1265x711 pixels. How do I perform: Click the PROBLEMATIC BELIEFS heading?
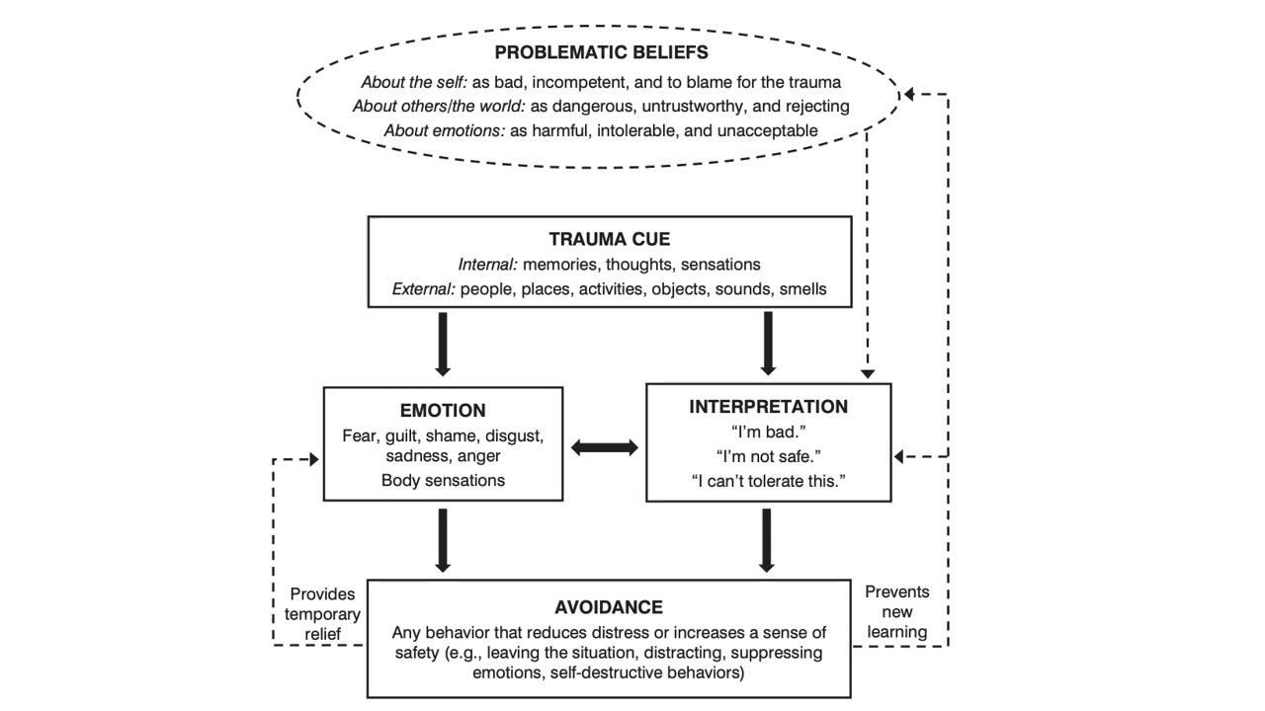[x=601, y=52]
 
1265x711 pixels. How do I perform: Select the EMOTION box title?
[x=443, y=410]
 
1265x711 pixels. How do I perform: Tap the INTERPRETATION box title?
[x=768, y=407]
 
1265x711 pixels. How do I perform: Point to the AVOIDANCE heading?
[x=609, y=606]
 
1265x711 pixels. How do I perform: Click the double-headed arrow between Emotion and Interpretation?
[x=605, y=447]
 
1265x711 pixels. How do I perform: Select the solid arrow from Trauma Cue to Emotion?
[x=443, y=344]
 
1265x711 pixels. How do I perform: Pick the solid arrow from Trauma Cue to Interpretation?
[x=768, y=344]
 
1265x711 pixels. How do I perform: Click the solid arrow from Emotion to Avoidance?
[x=443, y=540]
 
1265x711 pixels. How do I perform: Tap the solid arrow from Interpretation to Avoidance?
[x=768, y=540]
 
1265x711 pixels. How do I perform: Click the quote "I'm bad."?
[x=768, y=432]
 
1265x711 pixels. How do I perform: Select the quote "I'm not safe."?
[x=768, y=456]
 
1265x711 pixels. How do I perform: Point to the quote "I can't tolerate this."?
[x=768, y=481]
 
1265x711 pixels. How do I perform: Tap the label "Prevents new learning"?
[x=896, y=611]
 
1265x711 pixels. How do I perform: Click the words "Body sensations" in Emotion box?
[x=443, y=481]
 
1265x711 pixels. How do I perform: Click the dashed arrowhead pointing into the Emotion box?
[x=314, y=459]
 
